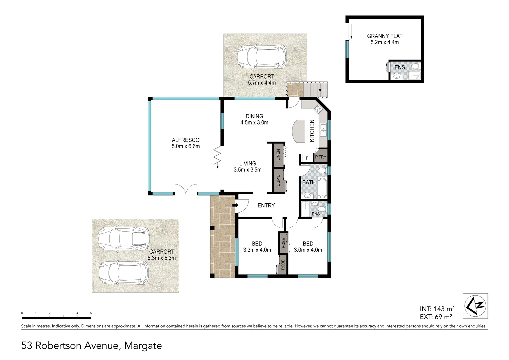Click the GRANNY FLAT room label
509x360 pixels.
click(384, 36)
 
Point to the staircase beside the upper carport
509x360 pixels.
click(316, 89)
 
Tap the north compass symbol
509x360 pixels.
click(475, 305)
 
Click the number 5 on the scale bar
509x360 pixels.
click(91, 313)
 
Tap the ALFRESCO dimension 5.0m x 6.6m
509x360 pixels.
click(186, 146)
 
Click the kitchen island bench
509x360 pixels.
click(299, 131)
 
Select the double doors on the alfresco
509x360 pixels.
click(186, 190)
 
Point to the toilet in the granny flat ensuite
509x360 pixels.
click(415, 67)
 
